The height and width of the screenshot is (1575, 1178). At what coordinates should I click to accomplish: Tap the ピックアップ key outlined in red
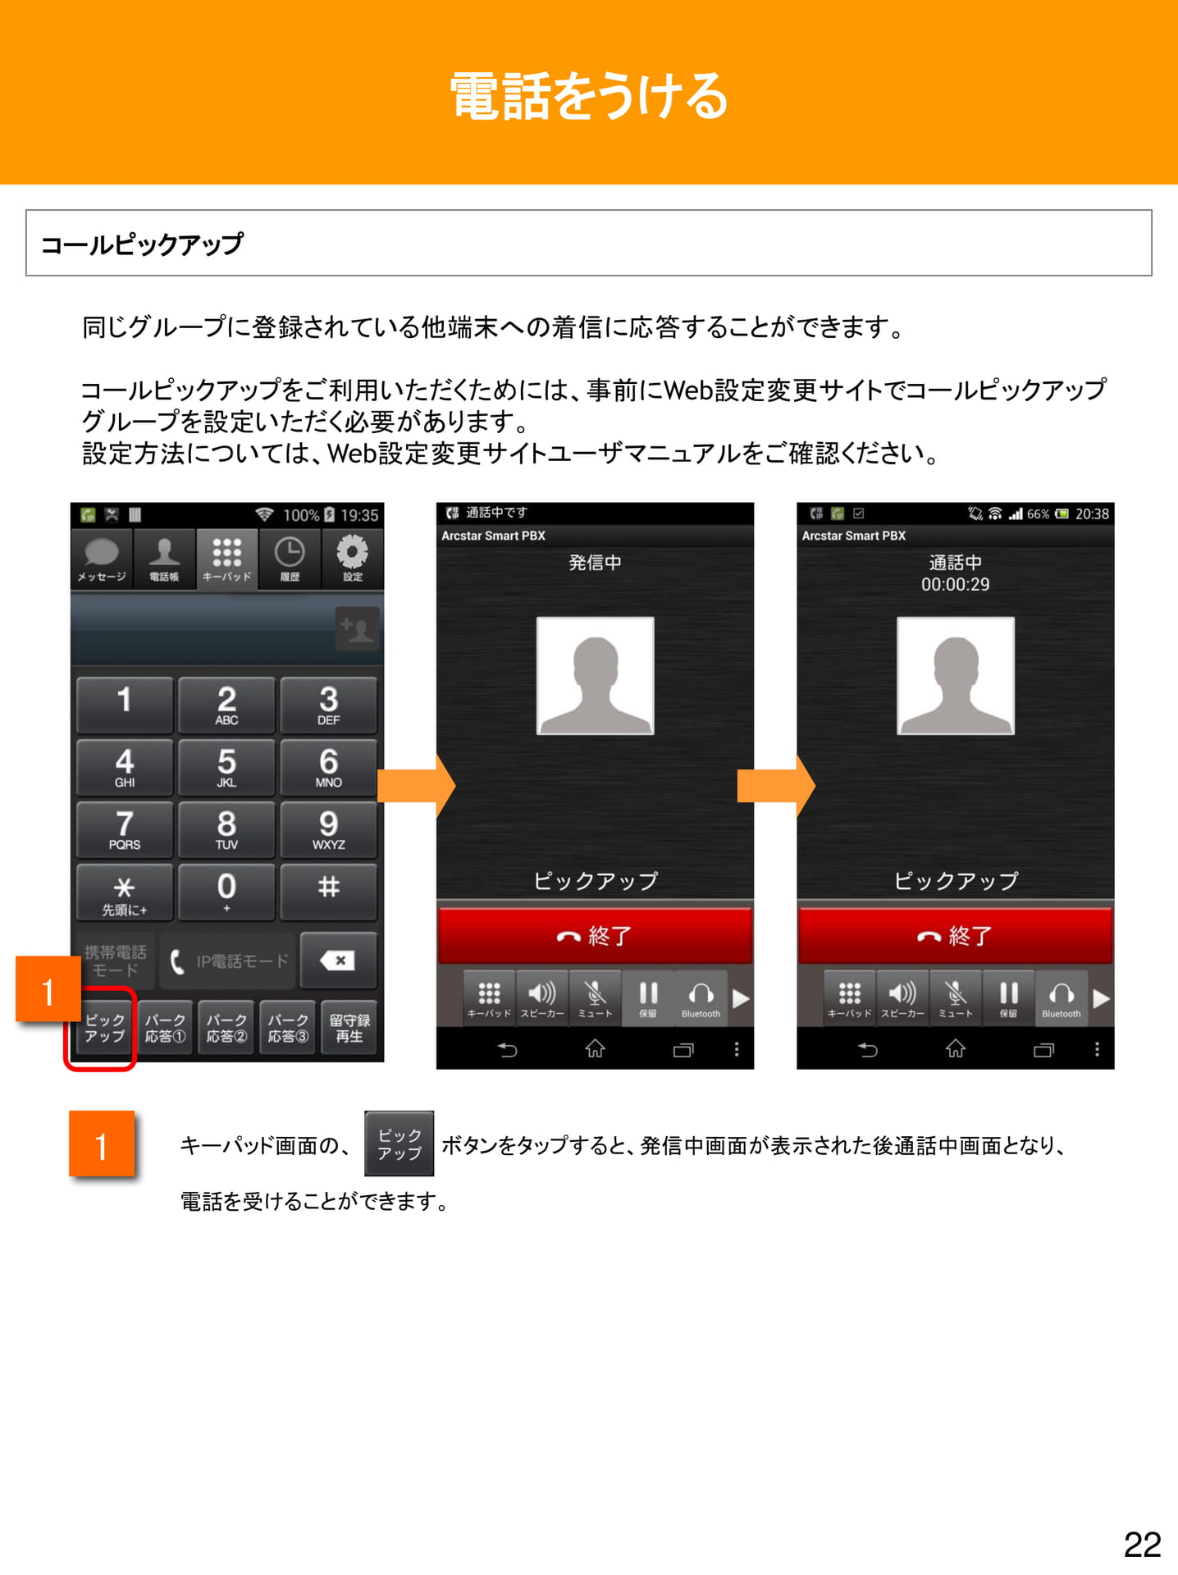tap(104, 1028)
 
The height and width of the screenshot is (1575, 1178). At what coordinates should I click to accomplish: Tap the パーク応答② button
tap(226, 1028)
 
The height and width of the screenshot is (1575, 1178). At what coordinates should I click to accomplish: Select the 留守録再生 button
tap(349, 1028)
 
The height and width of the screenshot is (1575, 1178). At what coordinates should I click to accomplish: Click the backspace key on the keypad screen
tap(338, 961)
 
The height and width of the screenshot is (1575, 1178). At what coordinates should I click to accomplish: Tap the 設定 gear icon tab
tap(353, 559)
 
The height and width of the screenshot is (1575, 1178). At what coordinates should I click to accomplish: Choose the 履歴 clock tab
tap(290, 559)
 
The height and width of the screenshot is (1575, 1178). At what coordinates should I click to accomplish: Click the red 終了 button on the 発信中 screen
tap(595, 936)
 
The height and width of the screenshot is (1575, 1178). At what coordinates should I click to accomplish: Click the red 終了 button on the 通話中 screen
tap(955, 936)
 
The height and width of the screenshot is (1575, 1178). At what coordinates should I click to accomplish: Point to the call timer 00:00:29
tap(955, 585)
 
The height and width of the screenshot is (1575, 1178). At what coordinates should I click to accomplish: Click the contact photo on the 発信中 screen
tap(595, 676)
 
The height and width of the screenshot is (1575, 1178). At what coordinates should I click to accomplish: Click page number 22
tap(1142, 1545)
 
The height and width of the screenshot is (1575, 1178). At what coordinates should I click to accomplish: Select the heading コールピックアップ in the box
tap(142, 244)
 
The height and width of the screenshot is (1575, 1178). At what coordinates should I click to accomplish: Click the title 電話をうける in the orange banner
tap(589, 96)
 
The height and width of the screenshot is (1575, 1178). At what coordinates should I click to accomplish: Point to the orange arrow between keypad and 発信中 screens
tap(416, 786)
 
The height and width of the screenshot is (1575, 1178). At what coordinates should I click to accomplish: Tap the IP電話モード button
tap(227, 961)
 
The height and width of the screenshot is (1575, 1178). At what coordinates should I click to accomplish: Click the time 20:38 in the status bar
tap(1092, 514)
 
